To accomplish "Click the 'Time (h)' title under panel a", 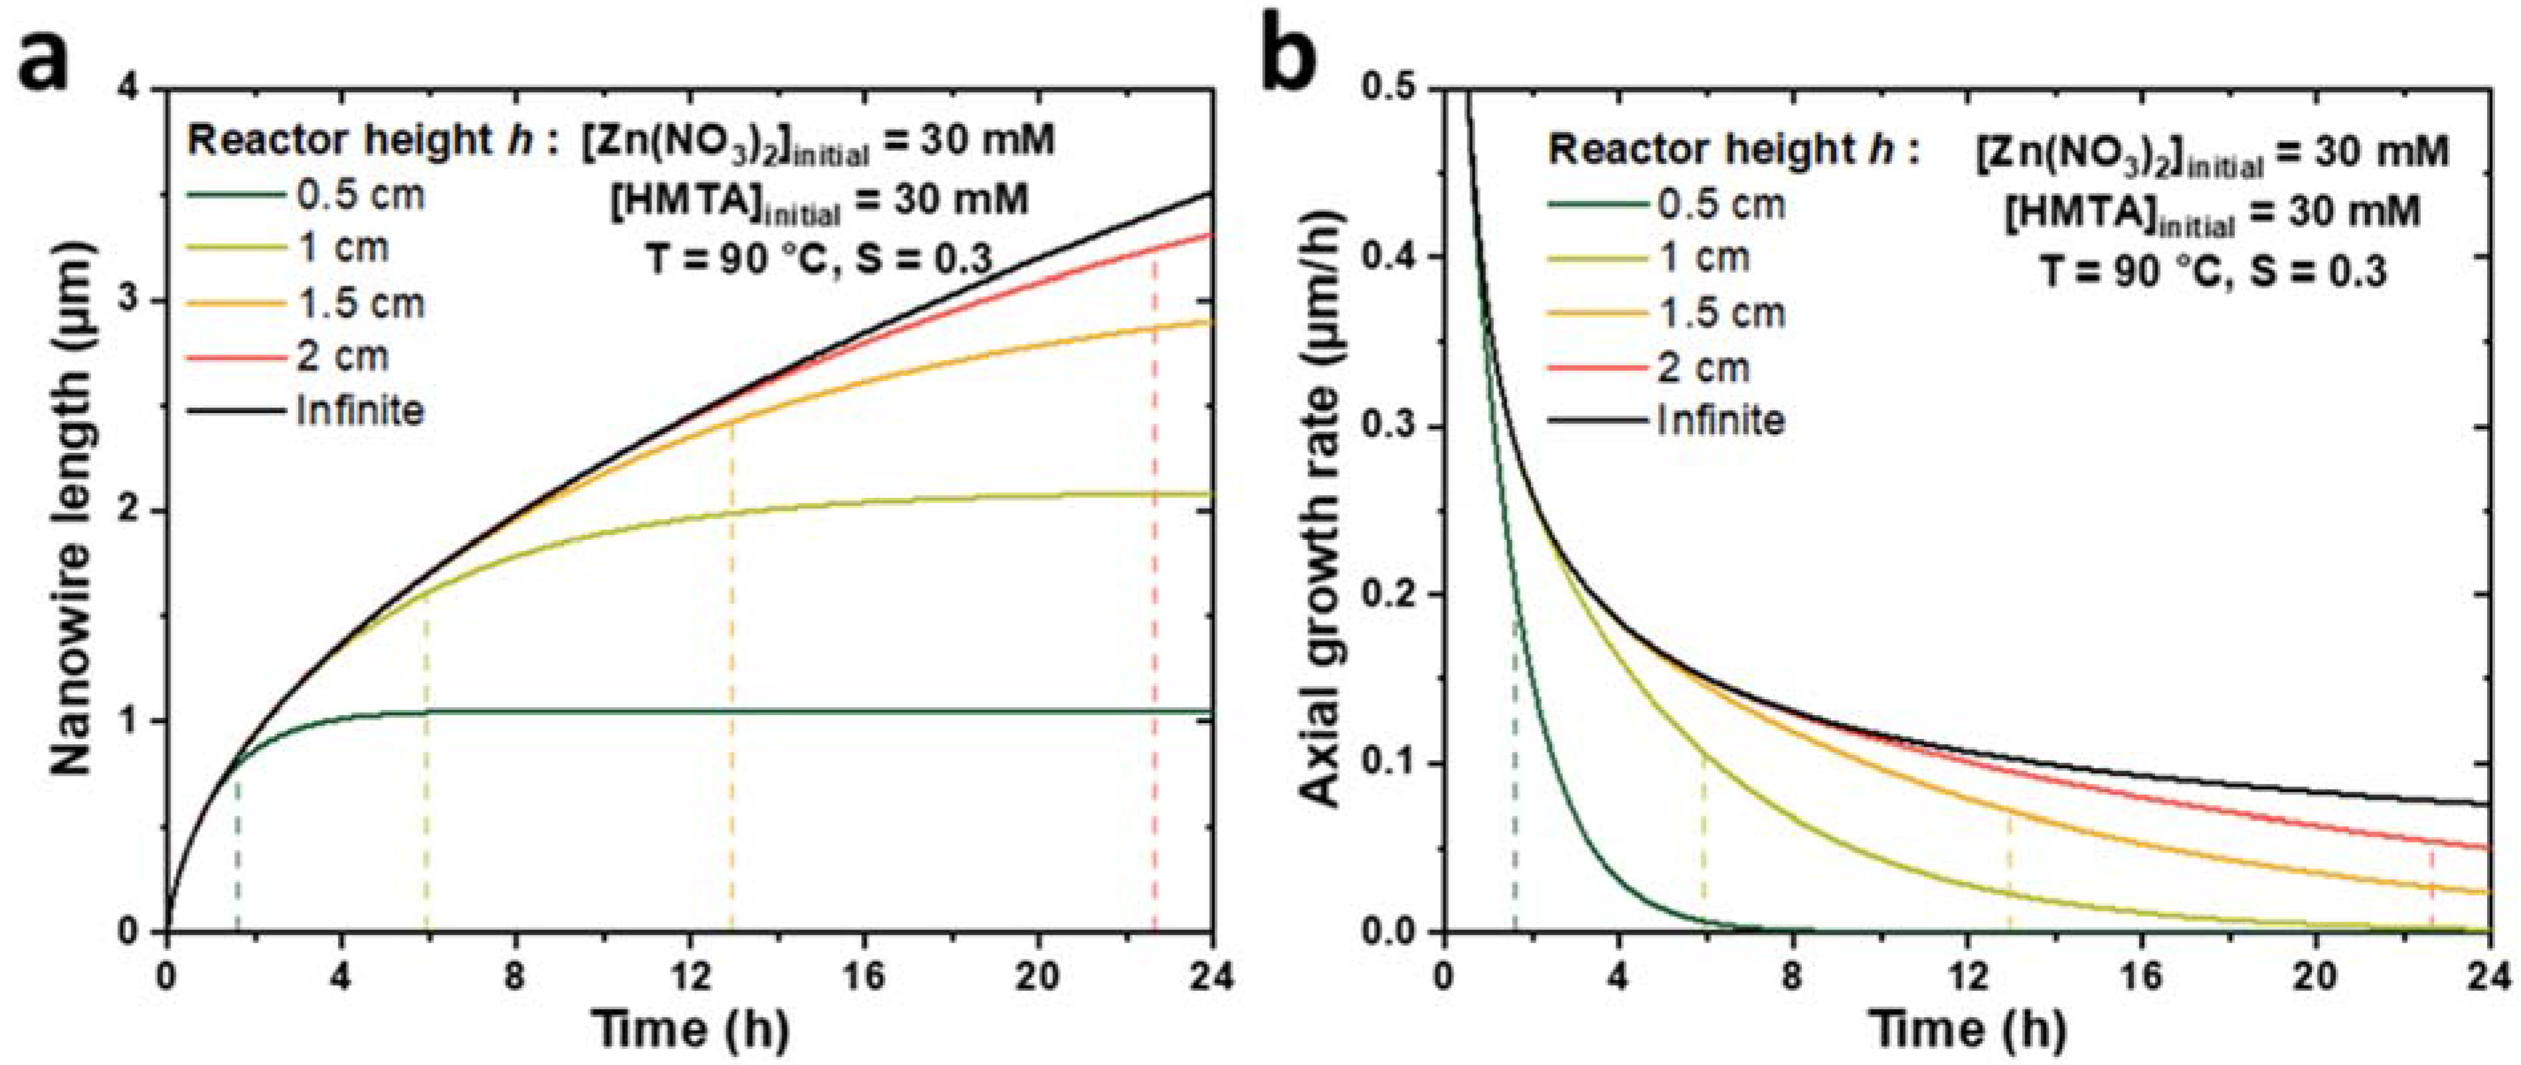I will [690, 1028].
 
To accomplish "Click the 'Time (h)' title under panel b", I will [1967, 1028].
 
